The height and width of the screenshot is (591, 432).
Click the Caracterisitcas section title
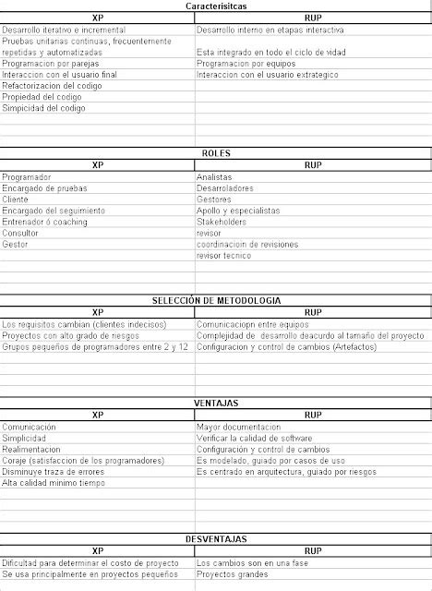(215, 6)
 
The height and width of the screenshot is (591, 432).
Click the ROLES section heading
(215, 152)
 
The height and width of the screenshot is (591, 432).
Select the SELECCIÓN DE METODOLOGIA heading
(215, 300)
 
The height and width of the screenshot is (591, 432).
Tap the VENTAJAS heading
(215, 403)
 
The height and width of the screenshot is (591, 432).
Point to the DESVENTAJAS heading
(215, 538)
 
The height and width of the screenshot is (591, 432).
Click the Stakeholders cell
(222, 223)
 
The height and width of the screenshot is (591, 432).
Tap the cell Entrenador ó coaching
(45, 223)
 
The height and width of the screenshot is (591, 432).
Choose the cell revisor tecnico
(223, 256)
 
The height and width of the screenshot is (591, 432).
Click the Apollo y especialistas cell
(238, 211)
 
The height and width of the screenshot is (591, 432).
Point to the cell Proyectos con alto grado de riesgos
(69, 335)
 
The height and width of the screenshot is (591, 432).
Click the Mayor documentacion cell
(238, 427)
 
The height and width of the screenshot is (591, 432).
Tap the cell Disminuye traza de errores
(53, 471)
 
